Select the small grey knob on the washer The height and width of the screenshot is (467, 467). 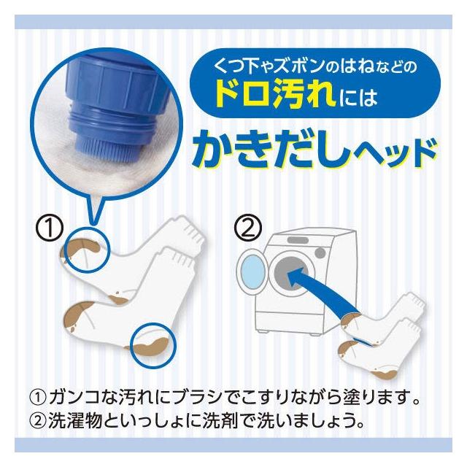click(x=320, y=253)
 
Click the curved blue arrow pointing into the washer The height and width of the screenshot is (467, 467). click(x=322, y=290)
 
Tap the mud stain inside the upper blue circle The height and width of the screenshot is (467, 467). click(x=82, y=247)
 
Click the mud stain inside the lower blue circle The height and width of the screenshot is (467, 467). click(x=149, y=346)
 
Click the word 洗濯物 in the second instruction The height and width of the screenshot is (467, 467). click(x=75, y=421)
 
